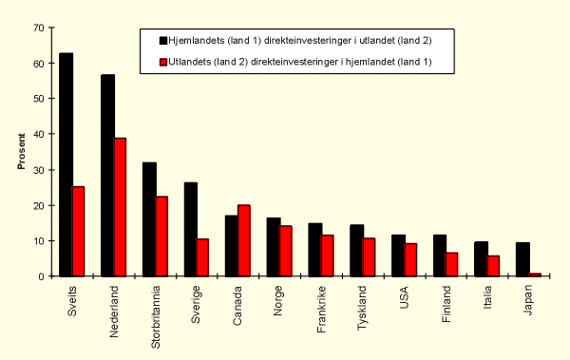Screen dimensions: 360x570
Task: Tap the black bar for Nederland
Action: point(107,175)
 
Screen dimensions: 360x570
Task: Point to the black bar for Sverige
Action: point(190,229)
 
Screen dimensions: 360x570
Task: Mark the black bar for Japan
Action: point(522,259)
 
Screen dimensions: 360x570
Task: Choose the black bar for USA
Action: point(397,256)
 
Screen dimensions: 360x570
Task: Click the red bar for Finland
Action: point(451,264)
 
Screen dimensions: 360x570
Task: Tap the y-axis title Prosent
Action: point(21,152)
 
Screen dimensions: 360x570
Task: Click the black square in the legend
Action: point(163,41)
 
